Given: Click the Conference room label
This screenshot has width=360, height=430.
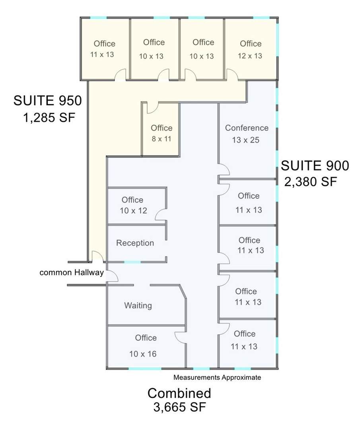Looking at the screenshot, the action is pos(247,128).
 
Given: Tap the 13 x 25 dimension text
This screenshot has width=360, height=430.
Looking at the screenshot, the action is pos(245,140).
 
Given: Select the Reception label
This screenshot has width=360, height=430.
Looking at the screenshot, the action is pos(135,243).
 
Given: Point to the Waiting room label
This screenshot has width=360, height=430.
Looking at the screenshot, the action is pos(138,305).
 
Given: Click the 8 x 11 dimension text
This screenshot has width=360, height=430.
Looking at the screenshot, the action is pos(162,139).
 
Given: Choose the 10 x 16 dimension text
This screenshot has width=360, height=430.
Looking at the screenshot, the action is pos(143,354).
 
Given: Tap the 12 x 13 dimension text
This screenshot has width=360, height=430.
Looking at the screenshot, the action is pos(250,56).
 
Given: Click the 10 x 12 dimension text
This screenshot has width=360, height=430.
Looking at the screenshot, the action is pos(133,211).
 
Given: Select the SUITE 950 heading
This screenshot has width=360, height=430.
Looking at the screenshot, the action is pos(47,100).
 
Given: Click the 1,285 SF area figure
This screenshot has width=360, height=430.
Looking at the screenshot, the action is pos(49,118).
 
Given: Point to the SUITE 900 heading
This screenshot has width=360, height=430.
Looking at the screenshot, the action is pos(315,166).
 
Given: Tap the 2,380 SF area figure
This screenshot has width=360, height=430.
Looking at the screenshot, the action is pos(310,182).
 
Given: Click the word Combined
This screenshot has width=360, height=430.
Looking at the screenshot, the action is pos(179,393).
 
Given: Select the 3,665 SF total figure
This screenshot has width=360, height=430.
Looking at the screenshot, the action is pos(179,407).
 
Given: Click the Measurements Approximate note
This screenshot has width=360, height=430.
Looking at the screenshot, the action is pos(217,377).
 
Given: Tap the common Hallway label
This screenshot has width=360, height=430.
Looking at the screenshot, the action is pos(72,273).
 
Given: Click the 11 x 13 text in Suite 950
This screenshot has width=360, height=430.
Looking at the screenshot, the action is pos(102,54).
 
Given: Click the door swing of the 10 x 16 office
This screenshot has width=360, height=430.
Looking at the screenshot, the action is pos(180,337).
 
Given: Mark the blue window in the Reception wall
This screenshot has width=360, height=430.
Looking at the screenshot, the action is pos(132,262).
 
